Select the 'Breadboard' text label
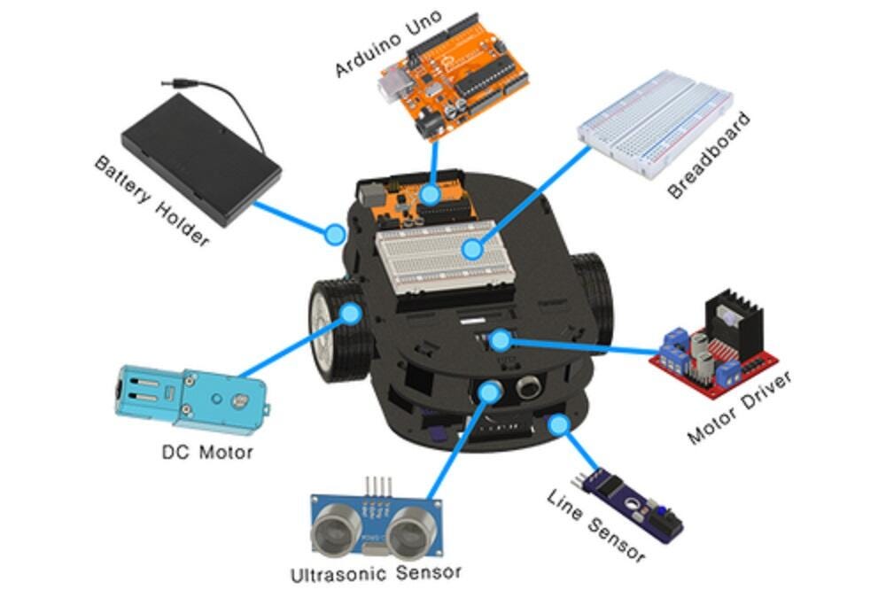point(709,156)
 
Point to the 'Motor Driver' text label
point(739,408)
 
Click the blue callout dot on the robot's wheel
point(351,313)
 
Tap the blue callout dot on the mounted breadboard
point(472,250)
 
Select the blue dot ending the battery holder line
point(334,235)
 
